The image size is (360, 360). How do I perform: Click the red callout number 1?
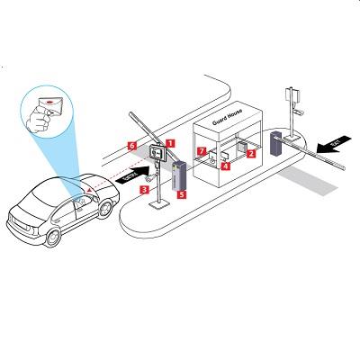coord(171,143)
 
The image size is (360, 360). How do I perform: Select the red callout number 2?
coord(251,153)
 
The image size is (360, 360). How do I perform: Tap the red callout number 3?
coord(144,179)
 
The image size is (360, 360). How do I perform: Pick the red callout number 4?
coord(225,166)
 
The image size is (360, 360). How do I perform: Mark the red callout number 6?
coord(131,144)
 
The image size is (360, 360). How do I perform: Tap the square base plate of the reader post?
coord(160,203)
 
